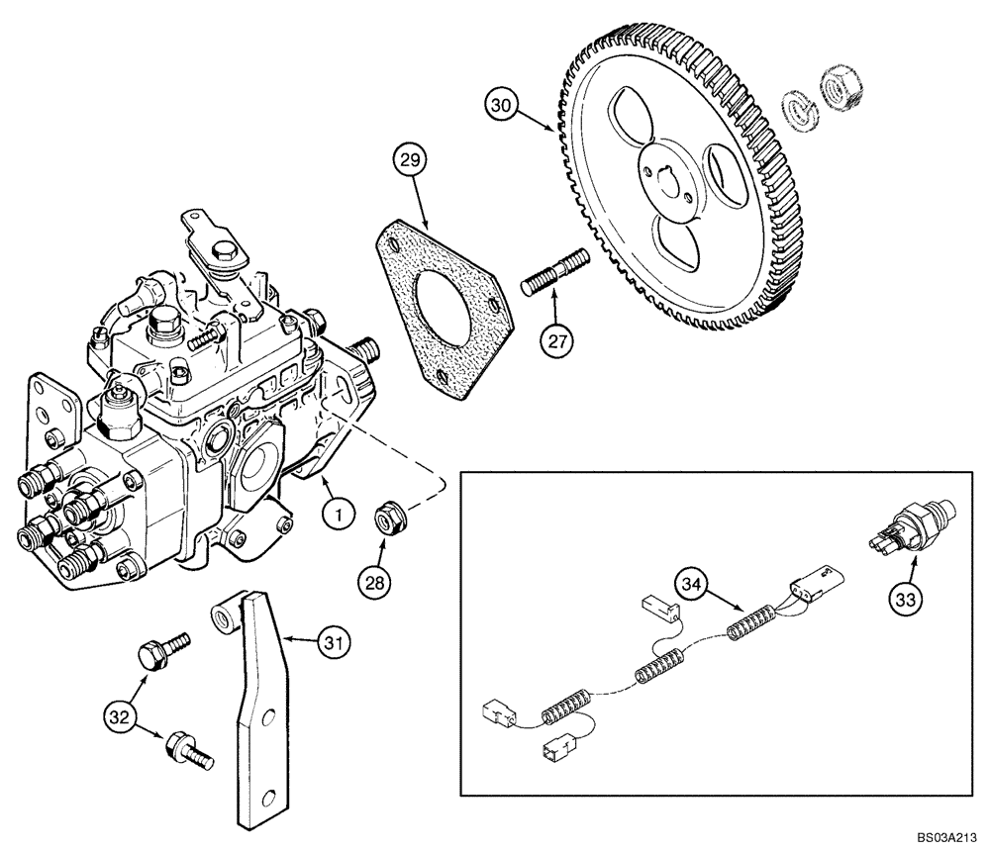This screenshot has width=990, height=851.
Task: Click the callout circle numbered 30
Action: click(x=502, y=105)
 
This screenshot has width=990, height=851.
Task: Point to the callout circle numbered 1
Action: click(x=338, y=515)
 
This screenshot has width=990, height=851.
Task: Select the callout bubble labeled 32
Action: click(x=120, y=713)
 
